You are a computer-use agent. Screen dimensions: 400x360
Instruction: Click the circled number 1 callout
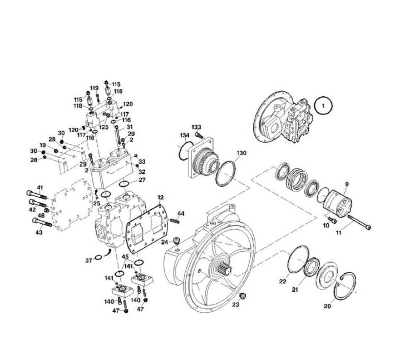[323, 105]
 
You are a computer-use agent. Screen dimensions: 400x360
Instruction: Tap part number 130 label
[241, 153]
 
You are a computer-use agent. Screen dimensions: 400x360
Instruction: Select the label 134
[185, 135]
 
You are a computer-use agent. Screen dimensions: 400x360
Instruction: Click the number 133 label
[196, 127]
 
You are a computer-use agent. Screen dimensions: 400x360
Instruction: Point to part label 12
[160, 197]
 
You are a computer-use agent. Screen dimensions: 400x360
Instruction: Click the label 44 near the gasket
[181, 213]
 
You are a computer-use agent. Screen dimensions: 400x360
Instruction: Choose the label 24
[164, 242]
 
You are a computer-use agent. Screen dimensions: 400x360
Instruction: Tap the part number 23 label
[235, 304]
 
